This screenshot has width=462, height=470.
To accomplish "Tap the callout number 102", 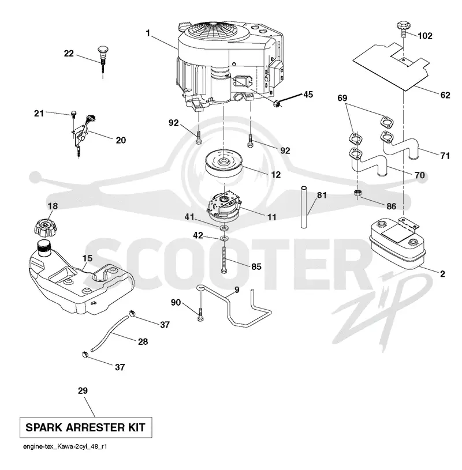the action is [425, 36].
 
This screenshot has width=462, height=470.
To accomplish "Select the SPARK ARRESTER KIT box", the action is [85, 427].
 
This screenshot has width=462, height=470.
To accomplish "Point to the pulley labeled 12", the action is [224, 164].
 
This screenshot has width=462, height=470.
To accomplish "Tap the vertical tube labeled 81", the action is [304, 207].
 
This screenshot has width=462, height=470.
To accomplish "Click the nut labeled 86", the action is [357, 193].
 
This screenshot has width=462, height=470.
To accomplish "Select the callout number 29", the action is [83, 390].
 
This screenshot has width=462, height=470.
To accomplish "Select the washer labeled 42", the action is [224, 239].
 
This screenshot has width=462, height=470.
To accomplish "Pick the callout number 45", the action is [308, 95].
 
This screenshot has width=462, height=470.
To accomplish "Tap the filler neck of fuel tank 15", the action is [44, 248].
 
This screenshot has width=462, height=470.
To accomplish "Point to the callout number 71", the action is [445, 156].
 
